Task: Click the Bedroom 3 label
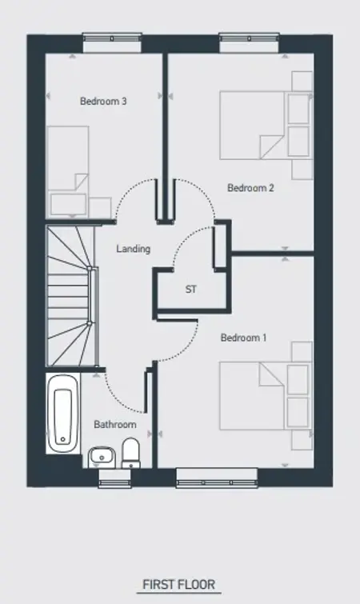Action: pyautogui.click(x=103, y=102)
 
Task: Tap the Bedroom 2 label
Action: pyautogui.click(x=250, y=188)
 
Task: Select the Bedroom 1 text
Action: pyautogui.click(x=243, y=338)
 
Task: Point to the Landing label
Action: pyautogui.click(x=134, y=249)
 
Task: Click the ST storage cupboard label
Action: pyautogui.click(x=191, y=289)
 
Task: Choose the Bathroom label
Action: pyautogui.click(x=115, y=425)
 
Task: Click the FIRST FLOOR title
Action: pyautogui.click(x=179, y=584)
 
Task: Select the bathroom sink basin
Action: pyautogui.click(x=102, y=458)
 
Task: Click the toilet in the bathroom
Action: pyautogui.click(x=131, y=454)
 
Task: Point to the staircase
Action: pyautogui.click(x=72, y=296)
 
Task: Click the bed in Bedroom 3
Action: pyautogui.click(x=68, y=172)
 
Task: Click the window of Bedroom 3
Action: pyautogui.click(x=113, y=39)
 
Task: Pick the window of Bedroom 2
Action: pyautogui.click(x=249, y=39)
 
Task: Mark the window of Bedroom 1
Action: pyautogui.click(x=217, y=478)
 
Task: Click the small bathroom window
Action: pyautogui.click(x=114, y=479)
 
